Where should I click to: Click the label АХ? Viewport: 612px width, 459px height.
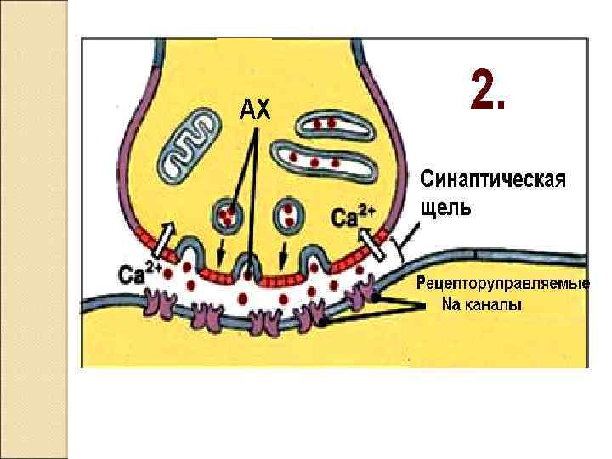[x=253, y=109]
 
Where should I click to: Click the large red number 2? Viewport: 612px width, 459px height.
[x=487, y=91]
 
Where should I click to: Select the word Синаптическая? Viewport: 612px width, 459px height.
[x=493, y=180]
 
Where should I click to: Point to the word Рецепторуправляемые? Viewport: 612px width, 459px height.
[x=502, y=284]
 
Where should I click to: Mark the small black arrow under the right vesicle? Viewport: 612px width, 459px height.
[x=284, y=252]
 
